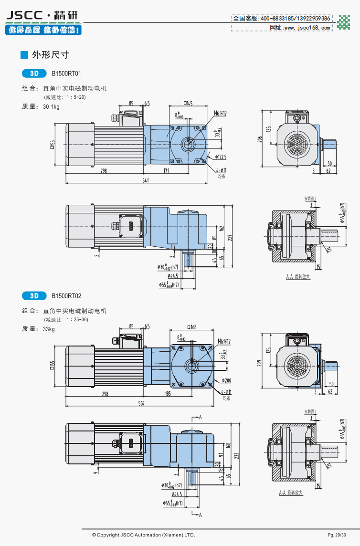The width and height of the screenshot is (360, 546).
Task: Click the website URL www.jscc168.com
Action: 307,28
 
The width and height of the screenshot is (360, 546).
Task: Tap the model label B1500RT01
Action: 66,74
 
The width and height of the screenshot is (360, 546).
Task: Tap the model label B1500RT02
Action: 66,296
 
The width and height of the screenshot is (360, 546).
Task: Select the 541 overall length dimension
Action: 146,180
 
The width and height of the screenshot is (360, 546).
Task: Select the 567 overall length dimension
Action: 141,403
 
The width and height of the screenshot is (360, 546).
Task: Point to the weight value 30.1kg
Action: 51,107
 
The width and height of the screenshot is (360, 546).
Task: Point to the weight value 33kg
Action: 49,329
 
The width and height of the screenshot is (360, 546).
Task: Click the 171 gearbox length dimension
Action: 166,170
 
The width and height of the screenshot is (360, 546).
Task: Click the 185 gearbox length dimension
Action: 168,394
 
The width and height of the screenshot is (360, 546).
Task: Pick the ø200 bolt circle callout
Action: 226,380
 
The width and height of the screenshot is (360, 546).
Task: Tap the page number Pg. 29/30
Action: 337,535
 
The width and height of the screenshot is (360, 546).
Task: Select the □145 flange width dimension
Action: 188,103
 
